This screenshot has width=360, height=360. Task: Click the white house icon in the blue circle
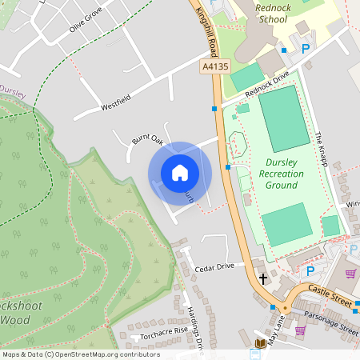tap(180, 173)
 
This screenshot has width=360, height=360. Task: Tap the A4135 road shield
tap(213, 70)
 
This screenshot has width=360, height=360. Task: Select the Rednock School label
tap(271, 13)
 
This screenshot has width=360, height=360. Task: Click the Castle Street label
tap(329, 298)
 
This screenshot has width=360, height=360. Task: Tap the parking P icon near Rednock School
tap(306, 49)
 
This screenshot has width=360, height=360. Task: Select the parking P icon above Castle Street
tap(310, 271)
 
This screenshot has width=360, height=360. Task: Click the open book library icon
tap(260, 344)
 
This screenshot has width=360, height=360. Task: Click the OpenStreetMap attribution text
tap(81, 354)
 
